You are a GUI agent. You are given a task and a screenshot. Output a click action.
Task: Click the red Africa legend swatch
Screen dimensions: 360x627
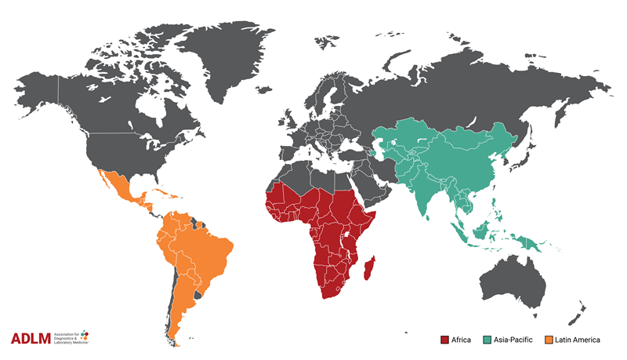pos(444,340)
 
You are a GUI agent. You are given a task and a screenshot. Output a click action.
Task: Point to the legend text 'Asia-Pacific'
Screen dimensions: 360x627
pos(514,340)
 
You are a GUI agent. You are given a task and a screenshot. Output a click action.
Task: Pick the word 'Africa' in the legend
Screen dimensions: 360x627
pos(462,340)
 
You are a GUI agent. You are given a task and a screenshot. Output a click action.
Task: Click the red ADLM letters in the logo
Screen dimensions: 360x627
pos(31,339)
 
